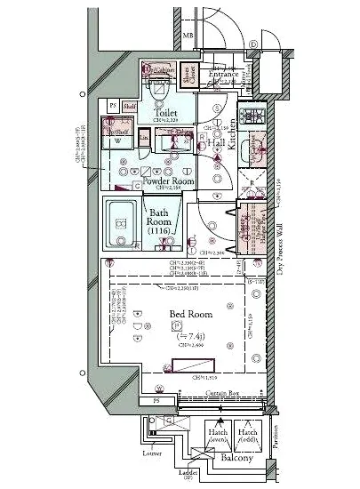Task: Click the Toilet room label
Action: coord(166,113)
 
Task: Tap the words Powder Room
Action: coord(163,180)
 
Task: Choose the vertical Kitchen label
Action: coord(231,134)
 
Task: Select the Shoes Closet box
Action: coord(188,76)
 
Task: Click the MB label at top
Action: coord(187,36)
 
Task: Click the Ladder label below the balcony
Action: coord(188,472)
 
